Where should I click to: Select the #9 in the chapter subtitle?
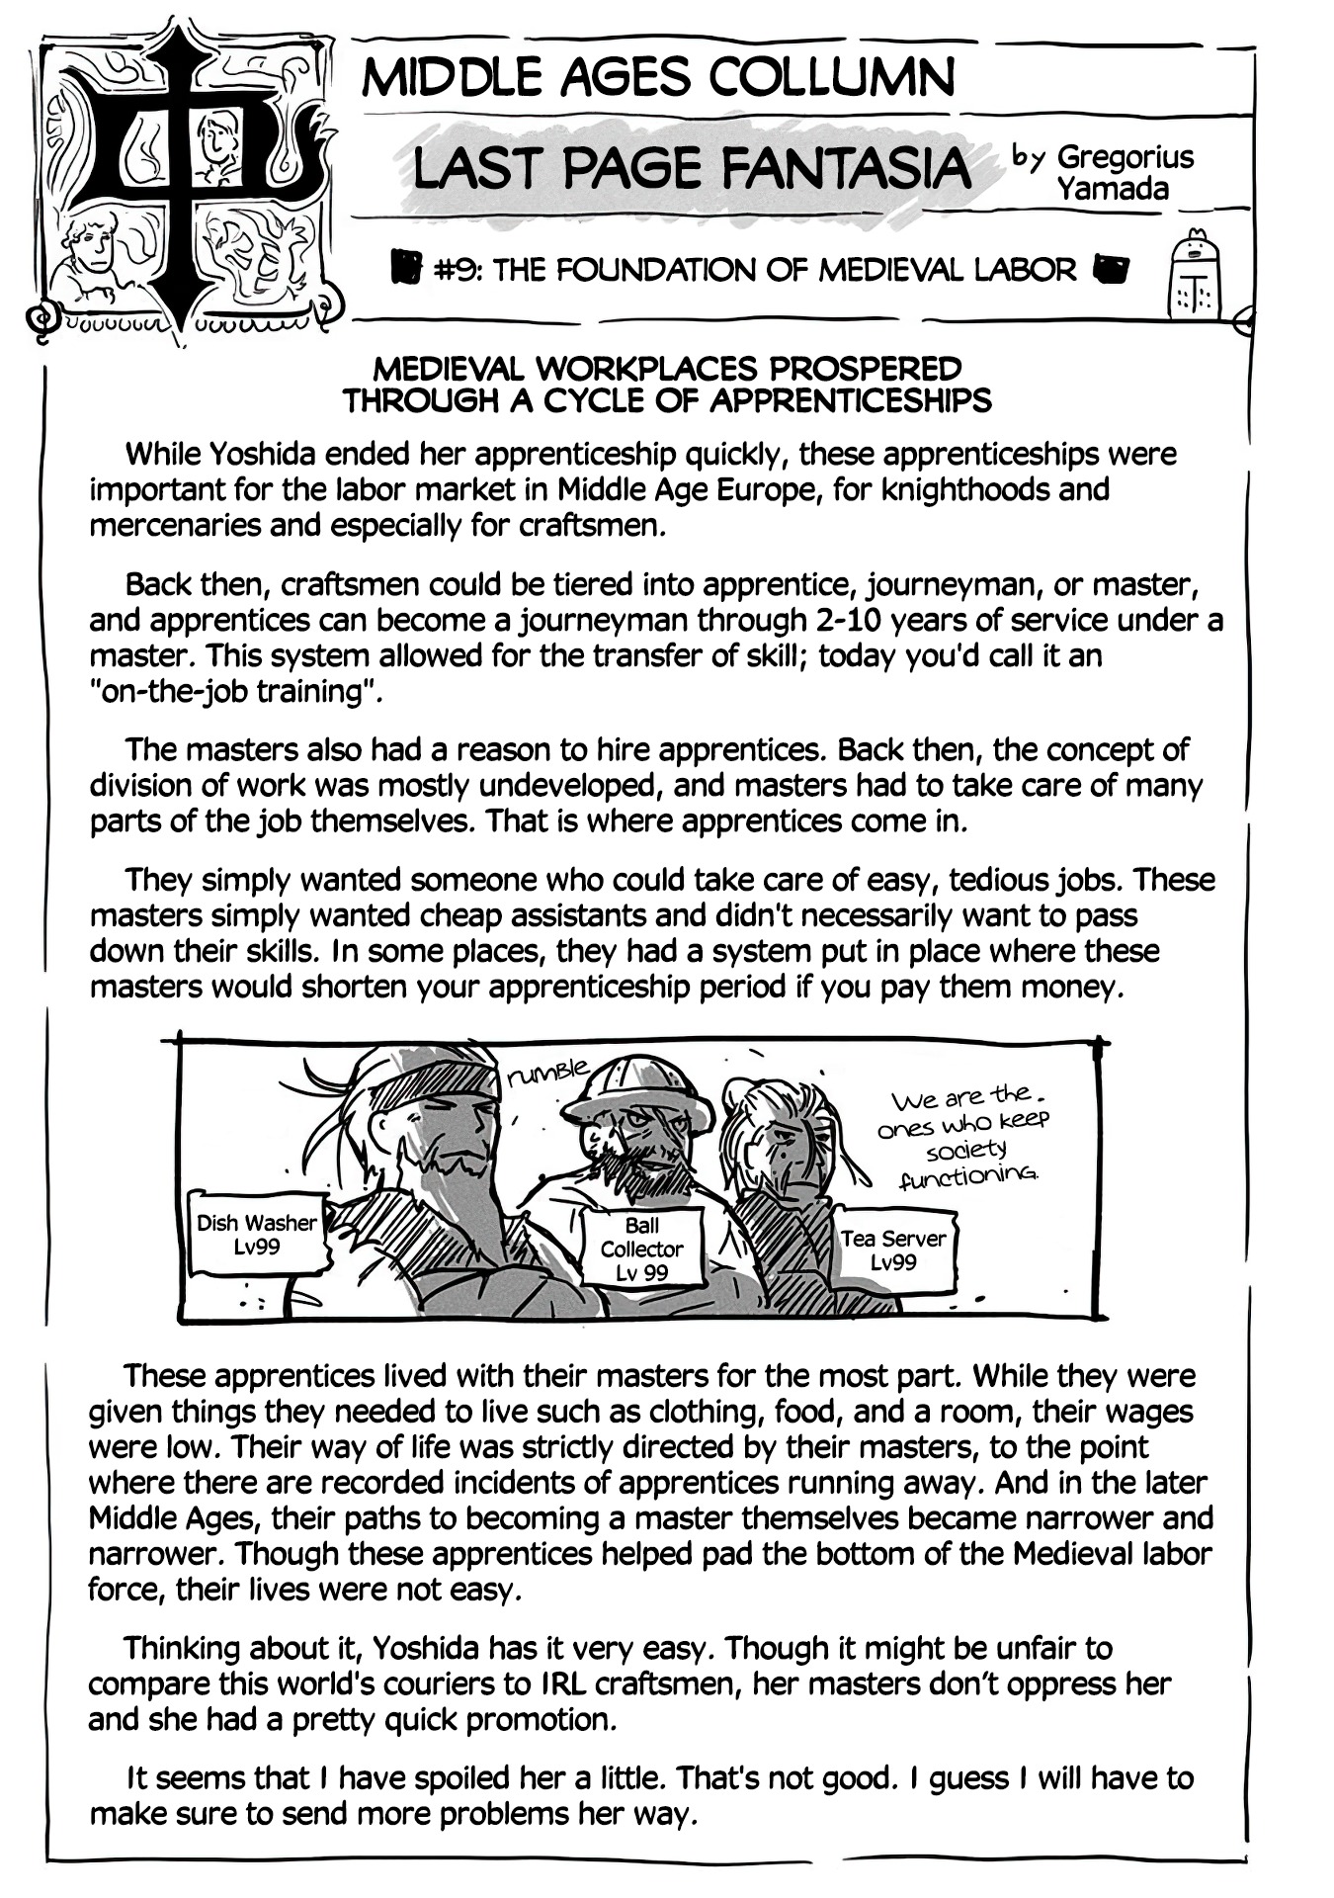[457, 269]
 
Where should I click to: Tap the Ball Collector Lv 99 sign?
[641, 1249]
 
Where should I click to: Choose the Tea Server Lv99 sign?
[893, 1250]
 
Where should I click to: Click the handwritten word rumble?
[546, 1072]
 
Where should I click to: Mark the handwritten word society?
[966, 1150]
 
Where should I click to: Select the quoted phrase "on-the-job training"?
[235, 691]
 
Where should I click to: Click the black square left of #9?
[405, 267]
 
